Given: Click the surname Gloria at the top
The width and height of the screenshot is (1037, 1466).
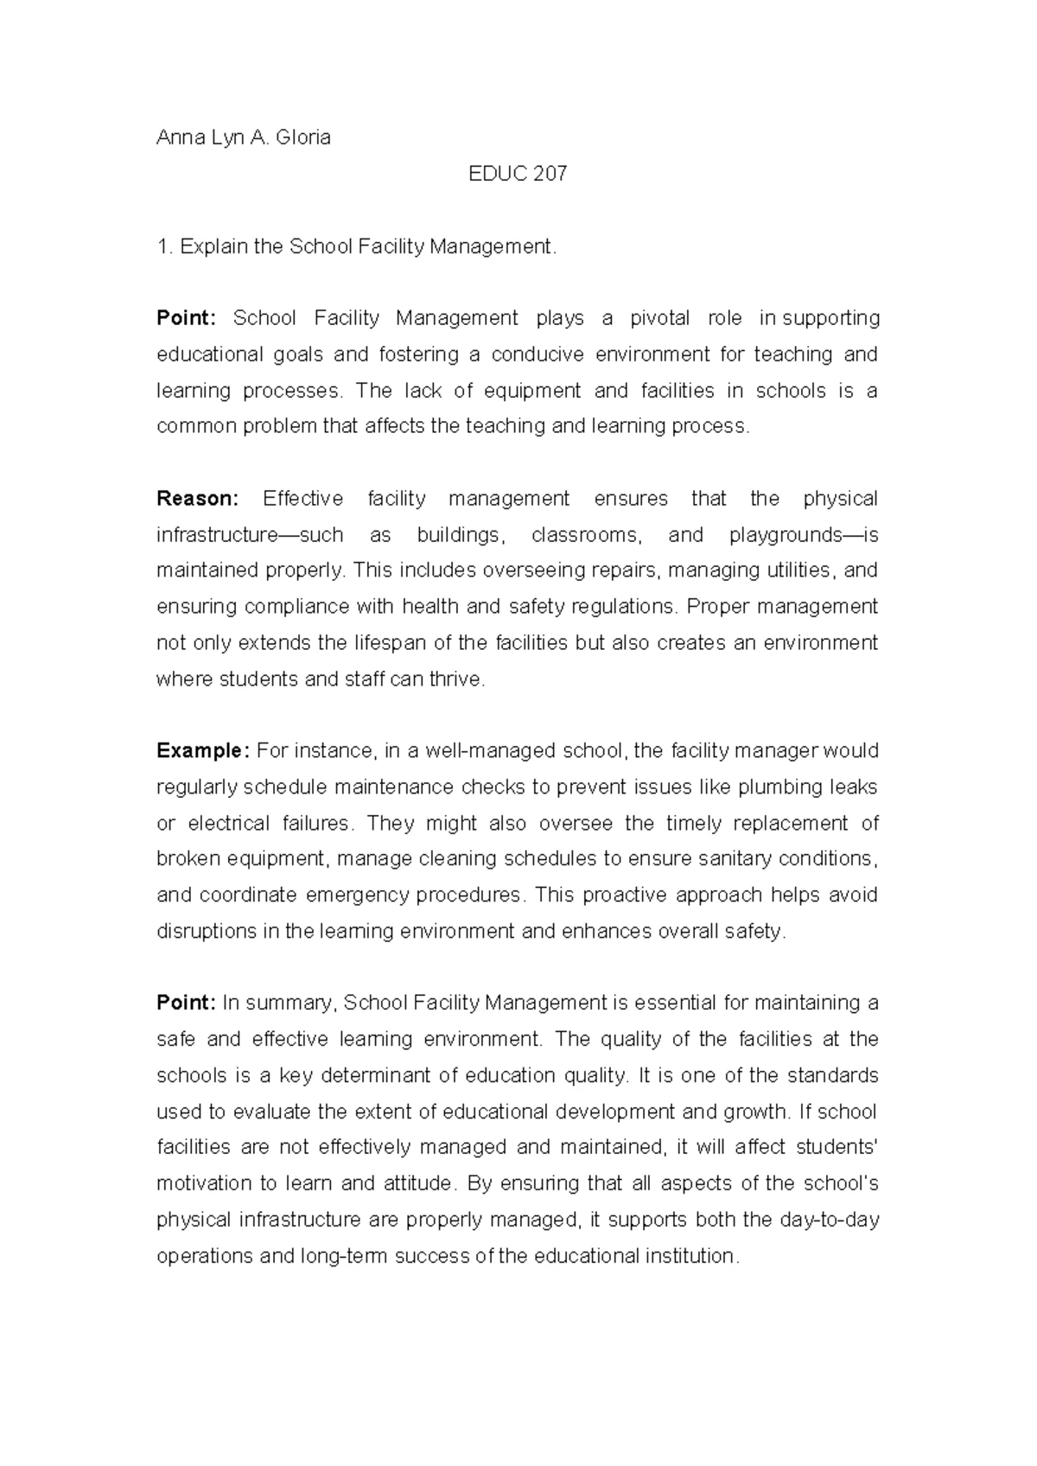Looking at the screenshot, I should tap(303, 137).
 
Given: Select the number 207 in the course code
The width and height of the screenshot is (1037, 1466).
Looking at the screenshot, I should tap(550, 174).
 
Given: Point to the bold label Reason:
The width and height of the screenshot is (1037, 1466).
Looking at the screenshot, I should tap(197, 499).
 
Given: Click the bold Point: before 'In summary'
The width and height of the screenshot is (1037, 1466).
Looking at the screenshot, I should tap(186, 1003).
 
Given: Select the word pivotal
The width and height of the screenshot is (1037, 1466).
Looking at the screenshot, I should tap(659, 318).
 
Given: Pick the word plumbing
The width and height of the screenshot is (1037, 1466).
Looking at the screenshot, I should tap(777, 787).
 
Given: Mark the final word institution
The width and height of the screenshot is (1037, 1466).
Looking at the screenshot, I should tap(690, 1256).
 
